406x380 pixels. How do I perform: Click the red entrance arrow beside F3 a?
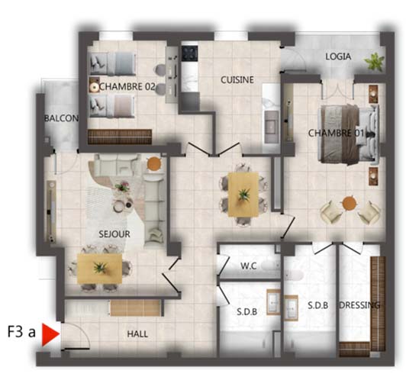point(50,334)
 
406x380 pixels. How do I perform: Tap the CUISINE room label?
point(237,79)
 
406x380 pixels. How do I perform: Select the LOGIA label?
point(338,56)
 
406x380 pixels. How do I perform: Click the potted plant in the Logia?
point(374,62)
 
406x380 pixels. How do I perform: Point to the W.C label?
point(249,266)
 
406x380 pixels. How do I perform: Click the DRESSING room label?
point(359,305)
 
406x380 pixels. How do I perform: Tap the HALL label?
point(137,334)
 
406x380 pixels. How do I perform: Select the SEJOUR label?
point(114,234)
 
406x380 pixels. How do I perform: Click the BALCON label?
point(61,118)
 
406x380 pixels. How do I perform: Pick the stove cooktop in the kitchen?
point(190,53)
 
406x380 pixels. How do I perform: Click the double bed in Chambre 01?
point(348,134)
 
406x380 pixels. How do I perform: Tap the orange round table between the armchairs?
point(349,204)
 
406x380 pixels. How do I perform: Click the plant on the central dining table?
point(243,195)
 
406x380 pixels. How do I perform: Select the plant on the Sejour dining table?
point(100,268)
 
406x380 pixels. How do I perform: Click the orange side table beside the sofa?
point(154,163)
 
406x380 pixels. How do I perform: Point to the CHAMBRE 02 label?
point(127,87)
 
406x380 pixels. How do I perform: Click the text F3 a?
point(21,332)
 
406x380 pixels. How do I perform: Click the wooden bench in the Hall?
point(135,308)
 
